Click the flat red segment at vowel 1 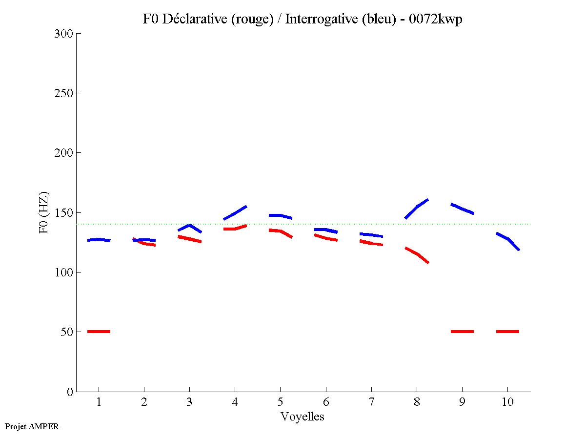point(99,332)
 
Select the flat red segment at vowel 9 point(462,332)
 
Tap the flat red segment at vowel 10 point(507,332)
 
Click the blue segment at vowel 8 point(417,207)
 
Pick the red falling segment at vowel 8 point(417,254)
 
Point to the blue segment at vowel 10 point(508,239)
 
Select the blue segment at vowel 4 point(235,213)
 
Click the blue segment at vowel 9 point(462,209)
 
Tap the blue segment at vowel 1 point(99,240)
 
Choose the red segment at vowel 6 point(326,238)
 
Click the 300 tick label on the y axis point(64,34)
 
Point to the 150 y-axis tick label point(64,213)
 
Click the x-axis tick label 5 point(280,402)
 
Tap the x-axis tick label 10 point(507,402)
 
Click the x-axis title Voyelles point(303,417)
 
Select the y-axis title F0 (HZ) point(44,212)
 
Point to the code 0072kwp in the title point(436,19)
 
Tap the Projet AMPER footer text point(32,426)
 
